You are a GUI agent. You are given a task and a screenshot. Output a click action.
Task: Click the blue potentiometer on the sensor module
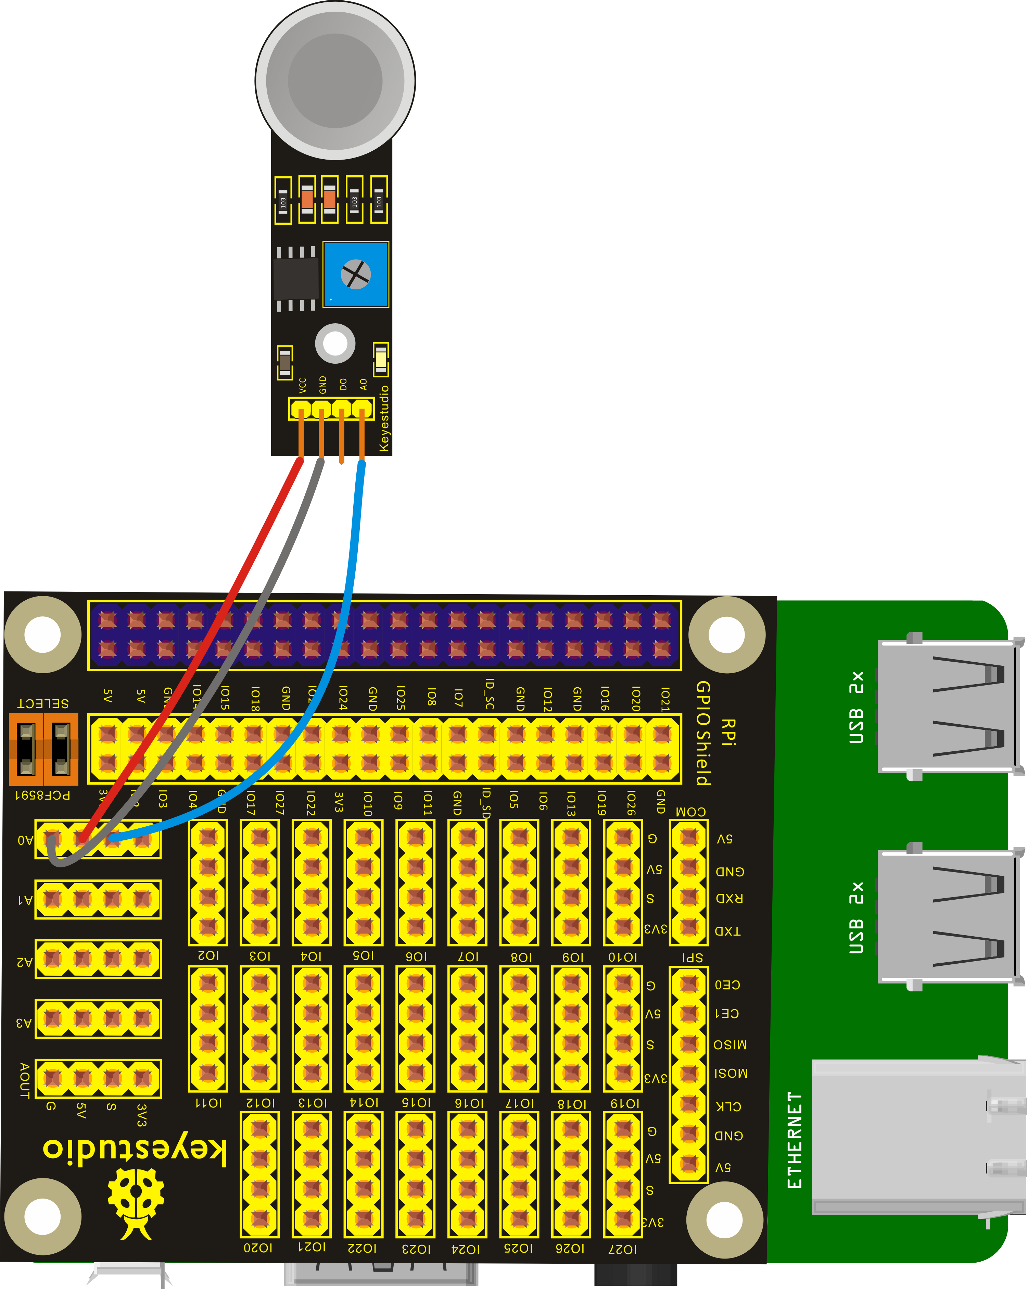356,274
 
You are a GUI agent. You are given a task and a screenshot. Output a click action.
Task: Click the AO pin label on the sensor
363,385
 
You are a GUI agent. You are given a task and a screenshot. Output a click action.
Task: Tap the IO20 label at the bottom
258,1248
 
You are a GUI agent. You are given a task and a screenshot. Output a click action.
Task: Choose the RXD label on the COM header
729,898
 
